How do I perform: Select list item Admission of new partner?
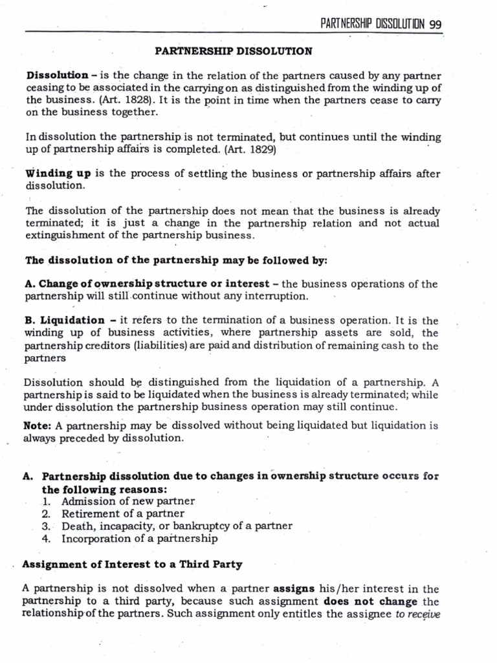[x=128, y=501]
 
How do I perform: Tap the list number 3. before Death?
[x=46, y=526]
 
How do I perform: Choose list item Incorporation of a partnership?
[x=140, y=538]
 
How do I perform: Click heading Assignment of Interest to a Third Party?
[x=132, y=564]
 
